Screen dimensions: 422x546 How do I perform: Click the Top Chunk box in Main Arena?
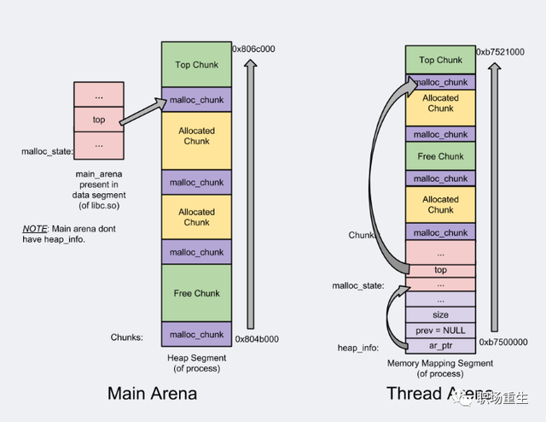point(196,65)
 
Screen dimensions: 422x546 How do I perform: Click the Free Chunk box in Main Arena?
point(196,293)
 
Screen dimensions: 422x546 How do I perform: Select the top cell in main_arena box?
point(99,120)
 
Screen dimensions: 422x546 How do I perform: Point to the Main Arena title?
point(153,394)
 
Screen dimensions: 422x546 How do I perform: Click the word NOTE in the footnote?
point(35,230)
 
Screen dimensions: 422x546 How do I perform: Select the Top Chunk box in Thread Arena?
point(440,60)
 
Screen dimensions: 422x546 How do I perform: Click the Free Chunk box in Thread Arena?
point(440,156)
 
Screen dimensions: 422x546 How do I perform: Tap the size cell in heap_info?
point(440,315)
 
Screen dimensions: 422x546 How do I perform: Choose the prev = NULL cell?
point(440,331)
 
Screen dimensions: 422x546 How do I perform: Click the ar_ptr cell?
point(440,346)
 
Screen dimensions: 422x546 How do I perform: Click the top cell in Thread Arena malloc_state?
point(440,270)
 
